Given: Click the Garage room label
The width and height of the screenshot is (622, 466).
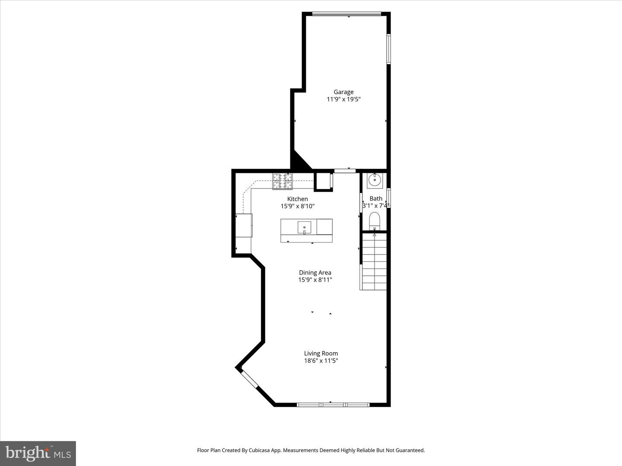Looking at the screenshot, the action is coord(343,92).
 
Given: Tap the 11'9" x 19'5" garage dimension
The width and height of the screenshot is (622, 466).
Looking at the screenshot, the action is coord(343,99).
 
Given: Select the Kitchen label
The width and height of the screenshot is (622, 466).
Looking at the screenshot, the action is coord(298,199).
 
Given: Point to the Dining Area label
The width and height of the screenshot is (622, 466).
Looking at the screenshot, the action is coord(315,272).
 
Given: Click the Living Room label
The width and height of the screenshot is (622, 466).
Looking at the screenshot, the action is coord(321,353).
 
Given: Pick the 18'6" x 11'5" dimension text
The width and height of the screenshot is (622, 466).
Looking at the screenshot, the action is coord(321,361).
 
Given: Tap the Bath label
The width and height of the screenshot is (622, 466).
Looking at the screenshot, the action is coord(376,198).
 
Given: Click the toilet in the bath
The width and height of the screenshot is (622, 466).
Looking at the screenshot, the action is coord(374,220).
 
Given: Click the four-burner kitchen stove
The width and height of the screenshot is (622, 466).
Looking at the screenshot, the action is coord(282,181).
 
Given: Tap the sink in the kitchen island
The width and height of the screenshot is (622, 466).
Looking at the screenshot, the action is coord(305,227).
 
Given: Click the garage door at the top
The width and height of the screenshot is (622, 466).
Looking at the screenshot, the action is coord(346,14).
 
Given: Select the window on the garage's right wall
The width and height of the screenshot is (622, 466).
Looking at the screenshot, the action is coord(389,49).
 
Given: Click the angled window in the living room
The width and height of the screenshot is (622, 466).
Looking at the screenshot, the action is coord(249,379).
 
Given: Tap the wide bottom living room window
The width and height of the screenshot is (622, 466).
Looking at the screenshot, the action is coord(333,405).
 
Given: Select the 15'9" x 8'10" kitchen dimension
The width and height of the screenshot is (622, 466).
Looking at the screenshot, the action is coord(298,206).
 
